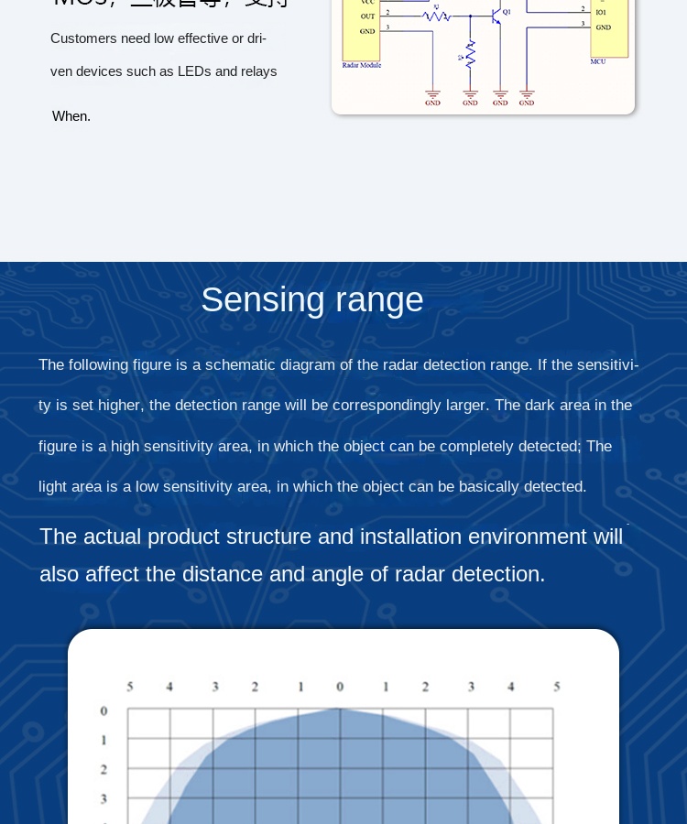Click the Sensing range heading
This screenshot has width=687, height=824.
[x=312, y=299]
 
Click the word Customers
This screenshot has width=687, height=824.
[x=83, y=38]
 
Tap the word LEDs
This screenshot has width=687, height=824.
[x=194, y=71]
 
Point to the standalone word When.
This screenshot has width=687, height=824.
[x=71, y=116]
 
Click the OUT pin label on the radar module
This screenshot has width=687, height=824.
[x=367, y=16]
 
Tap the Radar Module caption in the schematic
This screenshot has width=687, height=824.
[x=362, y=65]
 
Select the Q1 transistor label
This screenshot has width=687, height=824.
[x=507, y=12]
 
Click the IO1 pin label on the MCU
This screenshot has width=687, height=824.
[x=601, y=13]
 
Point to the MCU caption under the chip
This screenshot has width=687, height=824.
[x=598, y=61]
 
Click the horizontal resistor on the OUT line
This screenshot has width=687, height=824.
[x=436, y=16]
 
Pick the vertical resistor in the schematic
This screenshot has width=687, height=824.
[x=470, y=55]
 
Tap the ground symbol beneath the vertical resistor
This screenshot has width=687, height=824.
[x=470, y=95]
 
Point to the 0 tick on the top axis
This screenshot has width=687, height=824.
[x=340, y=687]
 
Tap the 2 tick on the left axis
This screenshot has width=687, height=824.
[x=104, y=769]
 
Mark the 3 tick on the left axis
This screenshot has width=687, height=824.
[x=104, y=798]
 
